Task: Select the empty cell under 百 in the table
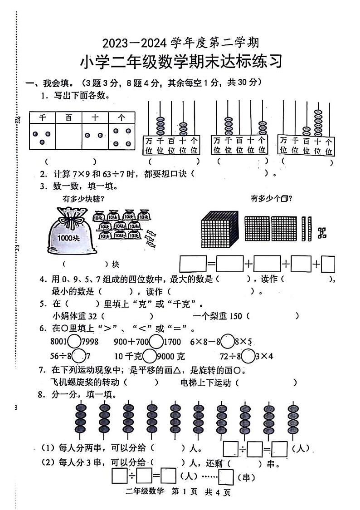pyautogui.click(x=68, y=136)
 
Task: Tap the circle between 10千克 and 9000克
pyautogui.click(x=149, y=356)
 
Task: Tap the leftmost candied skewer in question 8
pyautogui.click(x=81, y=417)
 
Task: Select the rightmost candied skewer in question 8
pyautogui.click(x=292, y=417)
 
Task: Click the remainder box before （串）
pyautogui.click(x=225, y=477)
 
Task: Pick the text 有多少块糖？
pyautogui.click(x=84, y=198)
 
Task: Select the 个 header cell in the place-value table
pyautogui.click(x=122, y=118)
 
